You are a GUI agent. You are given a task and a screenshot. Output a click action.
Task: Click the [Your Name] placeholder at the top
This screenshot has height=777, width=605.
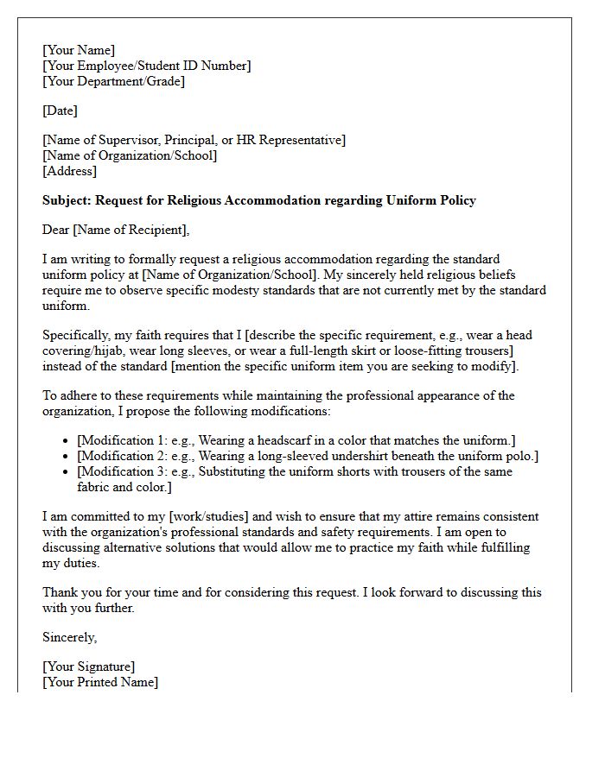pos(79,50)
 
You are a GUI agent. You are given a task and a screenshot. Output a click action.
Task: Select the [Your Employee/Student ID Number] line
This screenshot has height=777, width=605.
pos(146,66)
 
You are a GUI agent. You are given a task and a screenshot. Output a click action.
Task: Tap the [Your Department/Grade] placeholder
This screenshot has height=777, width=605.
pos(113,81)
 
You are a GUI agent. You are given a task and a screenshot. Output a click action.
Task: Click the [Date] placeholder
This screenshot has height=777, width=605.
pos(60,111)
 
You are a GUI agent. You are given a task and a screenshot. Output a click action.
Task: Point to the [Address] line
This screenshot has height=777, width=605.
pos(69,171)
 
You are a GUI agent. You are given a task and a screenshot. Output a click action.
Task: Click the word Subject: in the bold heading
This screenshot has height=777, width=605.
pos(67,200)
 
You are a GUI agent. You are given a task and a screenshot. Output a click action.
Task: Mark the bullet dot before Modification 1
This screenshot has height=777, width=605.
pos(67,441)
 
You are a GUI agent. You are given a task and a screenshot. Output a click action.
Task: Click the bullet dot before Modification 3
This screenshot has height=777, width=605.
pos(67,472)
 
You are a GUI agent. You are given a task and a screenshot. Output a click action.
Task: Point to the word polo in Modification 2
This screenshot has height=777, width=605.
pos(519,456)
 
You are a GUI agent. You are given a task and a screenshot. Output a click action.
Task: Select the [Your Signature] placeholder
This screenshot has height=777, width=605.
pos(88,666)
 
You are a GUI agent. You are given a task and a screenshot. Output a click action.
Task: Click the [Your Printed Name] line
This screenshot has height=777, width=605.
pos(100,682)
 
